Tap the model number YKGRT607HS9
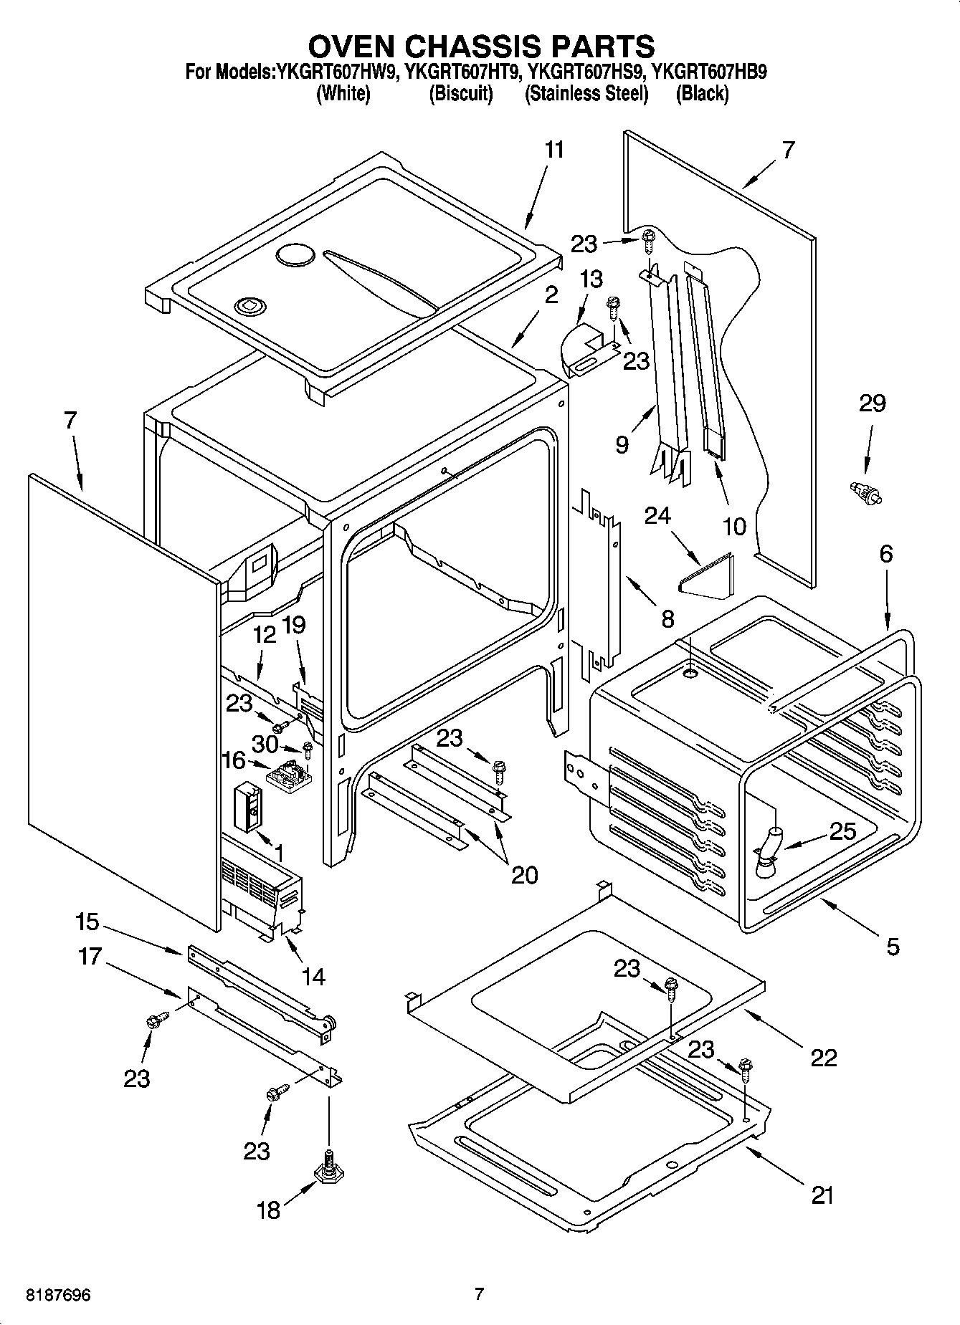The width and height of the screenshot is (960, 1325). [x=586, y=72]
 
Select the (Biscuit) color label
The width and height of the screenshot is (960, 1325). [x=461, y=94]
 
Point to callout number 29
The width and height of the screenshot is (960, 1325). [x=872, y=403]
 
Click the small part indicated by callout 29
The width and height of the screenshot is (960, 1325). [x=864, y=492]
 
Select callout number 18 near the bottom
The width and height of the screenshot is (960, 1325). [x=268, y=1210]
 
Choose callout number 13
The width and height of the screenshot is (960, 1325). [x=591, y=279]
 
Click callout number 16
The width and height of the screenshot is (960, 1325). [x=234, y=760]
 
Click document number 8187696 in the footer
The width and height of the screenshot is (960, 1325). [x=58, y=1295]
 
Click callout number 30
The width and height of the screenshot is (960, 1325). [x=265, y=745]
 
